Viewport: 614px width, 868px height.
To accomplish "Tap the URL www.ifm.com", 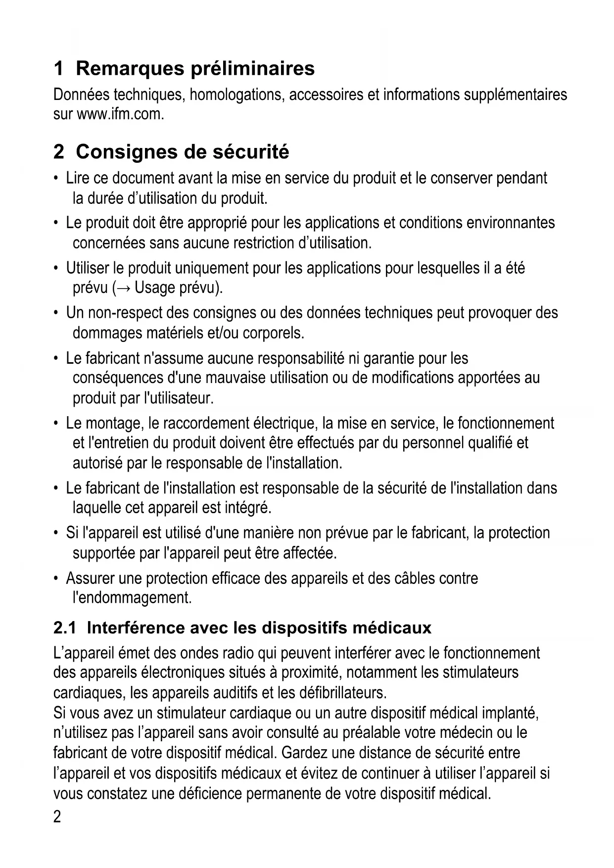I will pyautogui.click(x=120, y=114).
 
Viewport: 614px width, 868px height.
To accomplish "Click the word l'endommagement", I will pyautogui.click(x=132, y=598).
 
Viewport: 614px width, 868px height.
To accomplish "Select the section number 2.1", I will pyautogui.click(x=65, y=628).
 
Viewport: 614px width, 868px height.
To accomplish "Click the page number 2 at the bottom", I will pyautogui.click(x=57, y=817).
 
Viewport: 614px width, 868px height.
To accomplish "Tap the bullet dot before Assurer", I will pyautogui.click(x=56, y=578).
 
